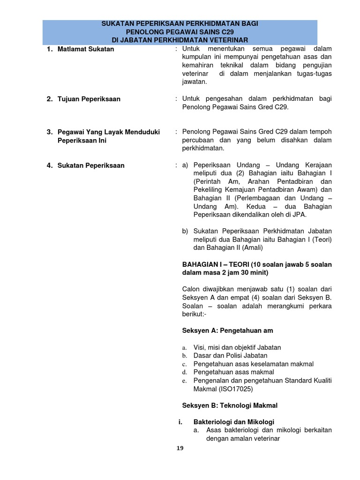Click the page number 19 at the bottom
[180, 448]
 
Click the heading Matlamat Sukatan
[86, 49]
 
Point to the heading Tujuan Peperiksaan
[89, 99]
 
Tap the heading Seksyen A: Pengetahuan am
[227, 330]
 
